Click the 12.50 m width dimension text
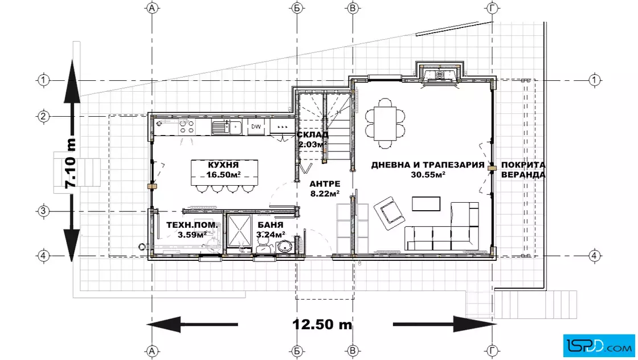322,324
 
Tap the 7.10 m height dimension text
71,163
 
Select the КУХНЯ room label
223,165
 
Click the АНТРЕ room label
325,184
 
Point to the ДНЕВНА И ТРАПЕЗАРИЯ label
428,165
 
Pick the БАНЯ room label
271,224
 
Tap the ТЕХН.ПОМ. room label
192,224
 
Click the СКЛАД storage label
313,134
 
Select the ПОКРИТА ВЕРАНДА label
524,170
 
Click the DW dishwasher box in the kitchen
256,127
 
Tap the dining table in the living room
385,123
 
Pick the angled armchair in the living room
389,212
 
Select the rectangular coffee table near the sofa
426,204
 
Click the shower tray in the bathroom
239,230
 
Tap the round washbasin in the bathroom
285,247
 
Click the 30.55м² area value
428,174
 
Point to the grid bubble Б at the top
298,8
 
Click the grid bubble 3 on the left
43,211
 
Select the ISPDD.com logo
599,346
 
